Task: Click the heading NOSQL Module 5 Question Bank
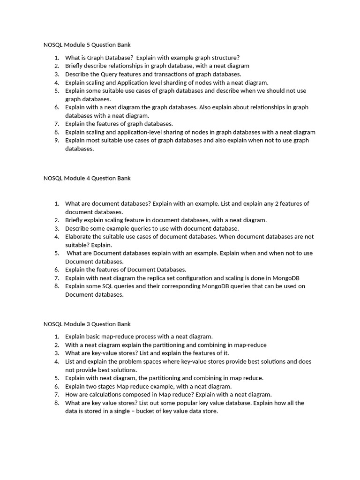click(87, 45)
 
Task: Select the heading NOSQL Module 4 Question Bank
click(87, 178)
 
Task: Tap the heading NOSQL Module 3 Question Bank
click(87, 324)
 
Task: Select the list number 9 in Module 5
click(56, 140)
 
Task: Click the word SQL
click(114, 286)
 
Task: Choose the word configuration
click(225, 278)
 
